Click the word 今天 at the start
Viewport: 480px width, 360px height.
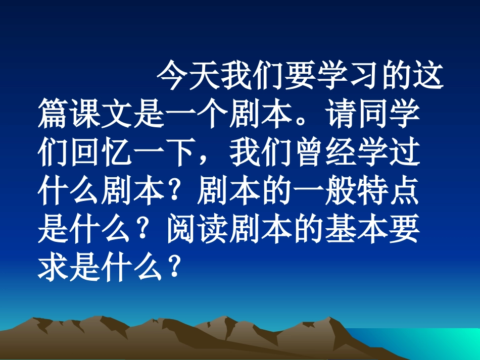click(187, 77)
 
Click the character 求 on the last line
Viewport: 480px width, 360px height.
click(54, 267)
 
